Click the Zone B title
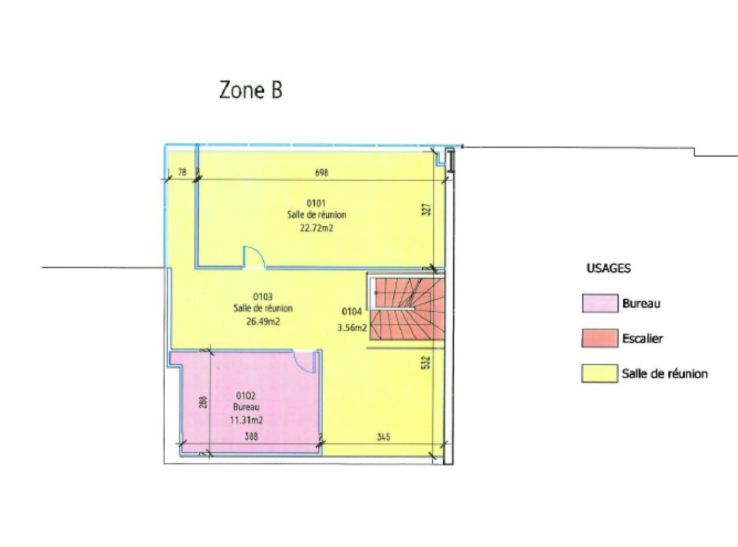(x=251, y=90)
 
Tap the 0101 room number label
(x=316, y=203)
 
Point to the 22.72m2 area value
(x=317, y=229)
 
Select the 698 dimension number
(x=321, y=173)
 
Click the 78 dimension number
(x=182, y=172)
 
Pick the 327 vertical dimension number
(x=428, y=210)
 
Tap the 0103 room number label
(x=263, y=296)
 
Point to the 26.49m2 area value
(x=263, y=321)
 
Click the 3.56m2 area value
(x=352, y=328)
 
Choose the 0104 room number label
(x=352, y=312)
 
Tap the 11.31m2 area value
(x=246, y=420)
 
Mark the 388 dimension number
(x=251, y=436)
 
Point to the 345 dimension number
(x=383, y=436)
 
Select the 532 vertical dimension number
(x=427, y=362)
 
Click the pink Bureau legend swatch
(x=600, y=303)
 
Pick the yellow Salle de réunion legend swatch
(x=600, y=374)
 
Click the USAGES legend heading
(x=609, y=268)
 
